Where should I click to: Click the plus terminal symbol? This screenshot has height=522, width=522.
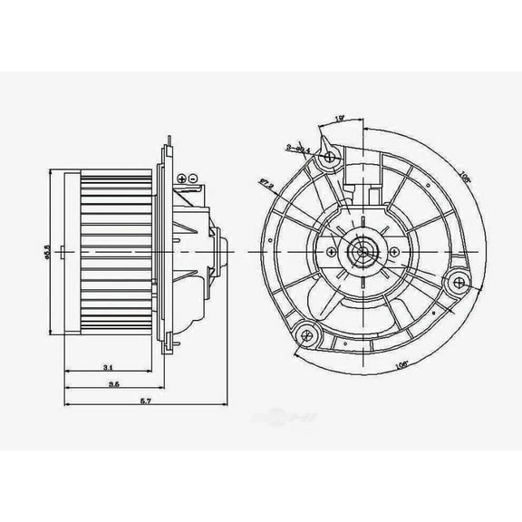pyautogui.click(x=194, y=175)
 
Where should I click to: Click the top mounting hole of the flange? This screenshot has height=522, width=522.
pyautogui.click(x=331, y=158)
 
